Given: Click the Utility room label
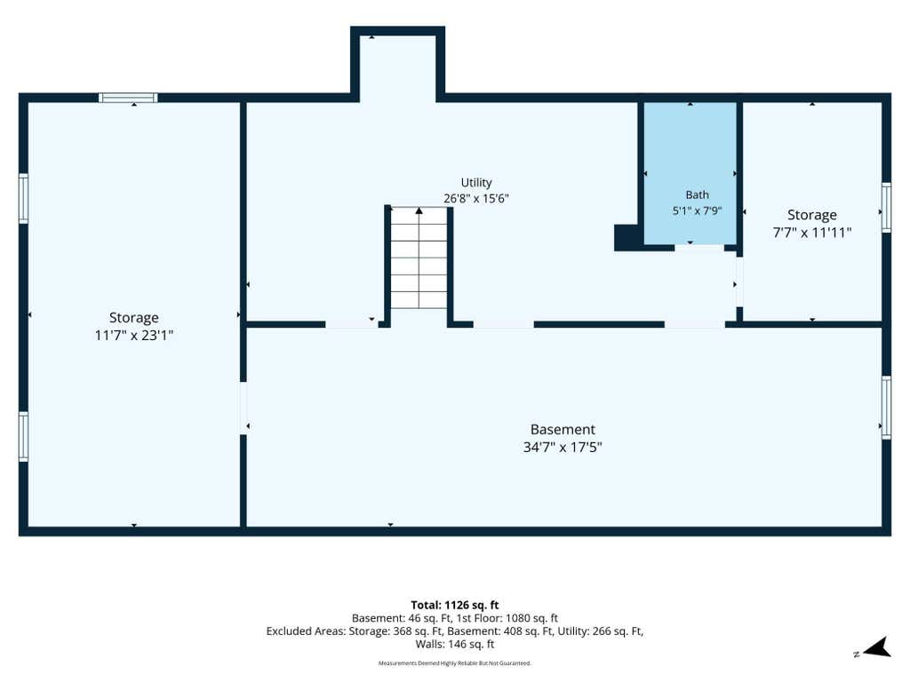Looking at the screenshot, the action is coord(476,183).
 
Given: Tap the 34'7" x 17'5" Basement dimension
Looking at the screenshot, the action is coord(563,448).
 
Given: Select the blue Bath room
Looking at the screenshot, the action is coord(690,173).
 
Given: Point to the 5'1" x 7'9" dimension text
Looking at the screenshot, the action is coord(697,210).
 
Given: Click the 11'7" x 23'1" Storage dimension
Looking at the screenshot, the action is coord(134,335).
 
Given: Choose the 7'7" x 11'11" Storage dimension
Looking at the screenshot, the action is coord(812,233).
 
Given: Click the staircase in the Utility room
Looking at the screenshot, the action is coord(419,258).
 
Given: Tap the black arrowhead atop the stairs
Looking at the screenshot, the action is coord(419,211).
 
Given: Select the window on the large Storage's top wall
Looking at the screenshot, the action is coord(128,98).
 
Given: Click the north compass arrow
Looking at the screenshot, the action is coord(879,647).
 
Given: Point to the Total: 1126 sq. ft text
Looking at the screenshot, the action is coord(455,606).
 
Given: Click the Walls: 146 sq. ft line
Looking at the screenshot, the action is coord(455,645).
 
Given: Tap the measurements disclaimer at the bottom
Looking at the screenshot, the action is coord(455,662).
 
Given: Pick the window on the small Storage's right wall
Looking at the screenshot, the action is coord(886,207).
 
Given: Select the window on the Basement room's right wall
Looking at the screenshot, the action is coord(886,407).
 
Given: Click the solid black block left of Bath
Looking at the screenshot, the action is coord(628,237).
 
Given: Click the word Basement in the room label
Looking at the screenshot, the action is coord(563,430).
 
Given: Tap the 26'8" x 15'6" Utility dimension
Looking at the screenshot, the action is coord(476,199).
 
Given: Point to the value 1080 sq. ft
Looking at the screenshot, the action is coord(531,619).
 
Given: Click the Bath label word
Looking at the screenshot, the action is coord(697,194).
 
